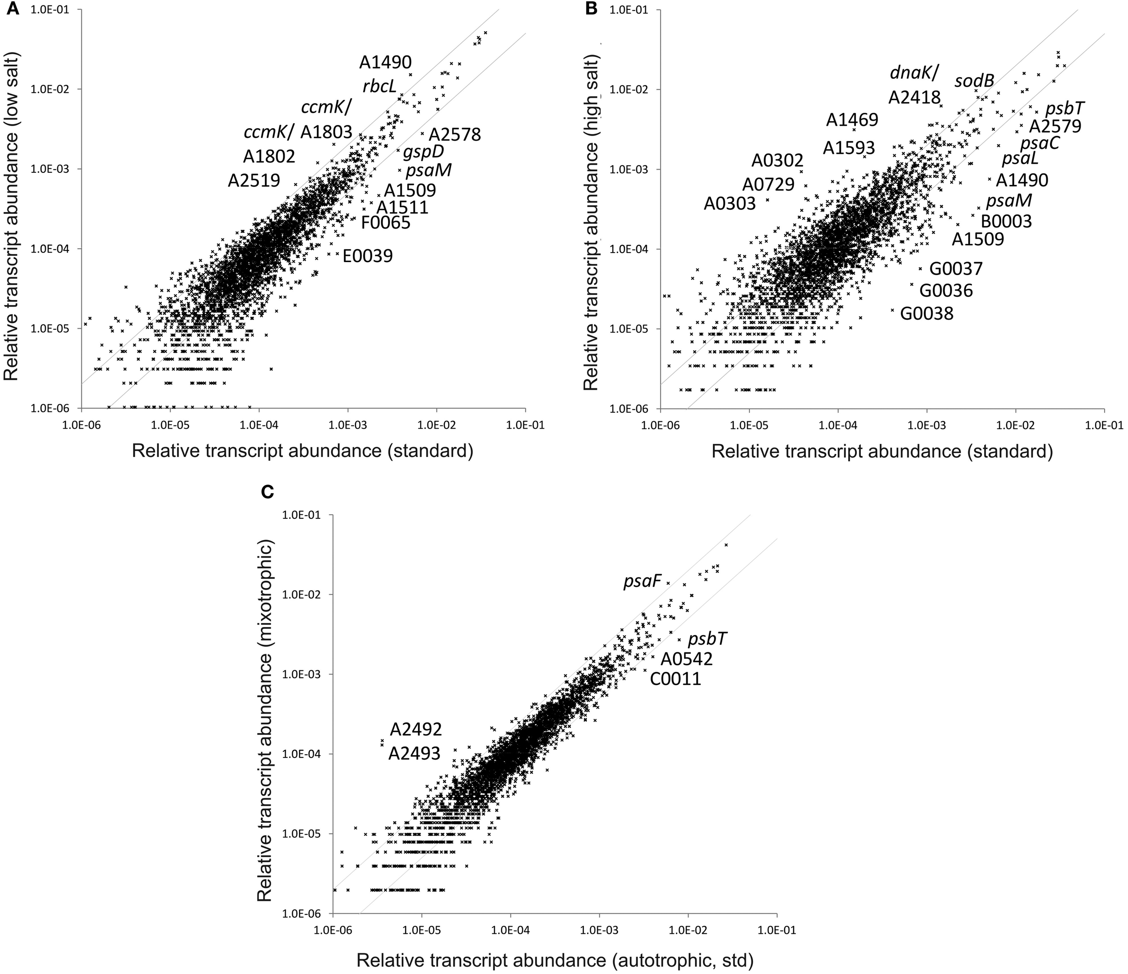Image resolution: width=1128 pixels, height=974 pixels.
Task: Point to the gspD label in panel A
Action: (x=424, y=151)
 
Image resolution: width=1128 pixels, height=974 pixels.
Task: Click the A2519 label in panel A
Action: (x=254, y=180)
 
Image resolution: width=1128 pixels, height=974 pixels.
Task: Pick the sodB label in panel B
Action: (x=975, y=81)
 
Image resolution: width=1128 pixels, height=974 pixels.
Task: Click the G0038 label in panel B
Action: (x=927, y=314)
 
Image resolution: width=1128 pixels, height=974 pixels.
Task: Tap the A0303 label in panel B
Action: (x=730, y=203)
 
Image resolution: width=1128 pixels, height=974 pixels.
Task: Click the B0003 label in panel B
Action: (x=1006, y=221)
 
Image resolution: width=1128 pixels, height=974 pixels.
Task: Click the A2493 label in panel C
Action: (x=414, y=753)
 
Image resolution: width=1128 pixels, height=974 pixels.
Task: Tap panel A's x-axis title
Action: (x=302, y=451)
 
